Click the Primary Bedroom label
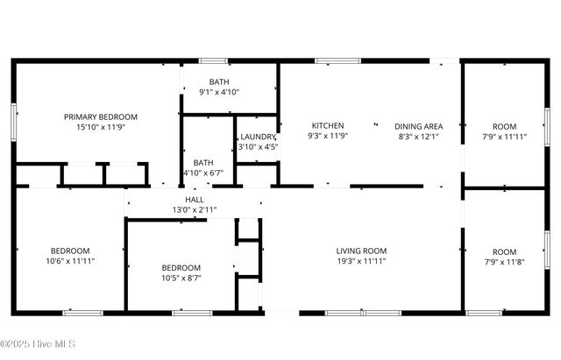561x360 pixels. coord(101,116)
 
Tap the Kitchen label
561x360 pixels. coord(328,125)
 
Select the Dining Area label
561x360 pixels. coord(418,125)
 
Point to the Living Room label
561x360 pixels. coord(361,251)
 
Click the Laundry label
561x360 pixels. coord(258,137)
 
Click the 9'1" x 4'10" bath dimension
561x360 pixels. coord(218,92)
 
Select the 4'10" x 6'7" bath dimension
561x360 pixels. coord(203,173)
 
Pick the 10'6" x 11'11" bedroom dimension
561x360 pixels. coord(70,260)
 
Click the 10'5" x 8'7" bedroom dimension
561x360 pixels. coord(181,278)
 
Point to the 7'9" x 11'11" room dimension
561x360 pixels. coord(504,136)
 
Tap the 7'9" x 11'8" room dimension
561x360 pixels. coord(504,261)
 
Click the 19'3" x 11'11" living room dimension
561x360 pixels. coord(361,260)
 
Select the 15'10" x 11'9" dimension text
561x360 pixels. coord(101,126)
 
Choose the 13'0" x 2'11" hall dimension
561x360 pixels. coord(195,209)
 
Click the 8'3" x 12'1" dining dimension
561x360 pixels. coord(418,136)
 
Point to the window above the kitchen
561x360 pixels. coord(331,60)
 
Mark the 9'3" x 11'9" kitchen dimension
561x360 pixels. coord(328,136)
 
